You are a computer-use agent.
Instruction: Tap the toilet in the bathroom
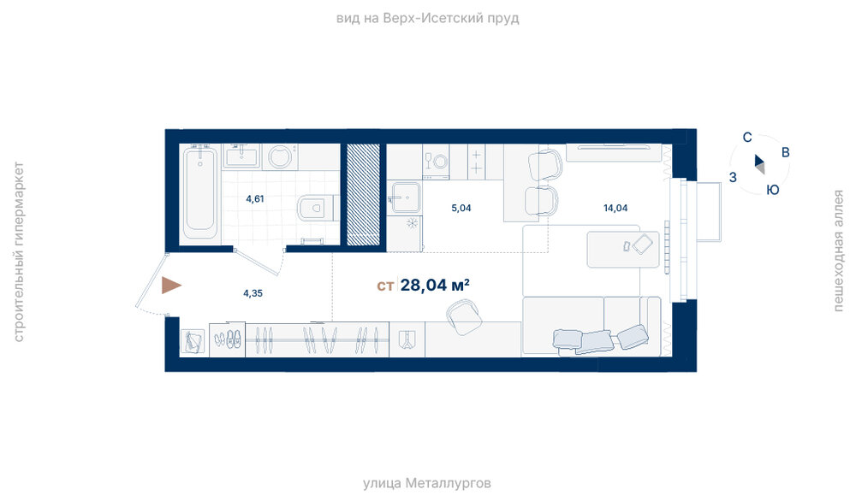point(314,208)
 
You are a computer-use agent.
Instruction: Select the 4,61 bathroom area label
point(254,199)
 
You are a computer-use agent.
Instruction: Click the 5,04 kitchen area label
point(461,208)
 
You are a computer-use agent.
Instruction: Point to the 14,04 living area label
point(615,208)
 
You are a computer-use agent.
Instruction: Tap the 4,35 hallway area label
point(253,293)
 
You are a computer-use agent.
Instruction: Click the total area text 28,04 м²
point(435,285)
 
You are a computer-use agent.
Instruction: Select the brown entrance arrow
point(171,285)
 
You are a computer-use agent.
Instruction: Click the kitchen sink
point(406,197)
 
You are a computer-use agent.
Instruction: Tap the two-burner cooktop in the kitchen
point(476,162)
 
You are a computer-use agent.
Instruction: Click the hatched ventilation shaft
point(363,195)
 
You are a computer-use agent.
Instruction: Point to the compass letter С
point(747,138)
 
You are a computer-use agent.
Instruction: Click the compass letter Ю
point(772,190)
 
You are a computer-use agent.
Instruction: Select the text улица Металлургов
point(427,483)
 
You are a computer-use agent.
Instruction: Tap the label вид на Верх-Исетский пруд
point(427,18)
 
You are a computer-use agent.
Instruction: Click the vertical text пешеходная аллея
point(839,250)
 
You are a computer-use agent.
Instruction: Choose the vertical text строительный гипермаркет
point(18,252)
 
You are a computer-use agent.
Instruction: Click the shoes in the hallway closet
point(227,339)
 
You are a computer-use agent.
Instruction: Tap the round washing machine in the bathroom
point(280,157)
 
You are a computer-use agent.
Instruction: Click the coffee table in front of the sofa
point(623,250)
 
